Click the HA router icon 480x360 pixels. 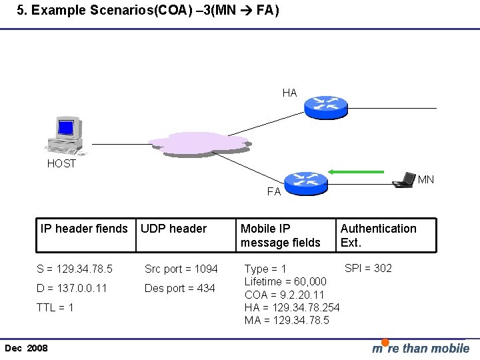click(326, 105)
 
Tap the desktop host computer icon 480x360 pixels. click(65, 135)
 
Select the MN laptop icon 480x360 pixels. click(403, 180)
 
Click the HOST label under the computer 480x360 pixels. click(61, 164)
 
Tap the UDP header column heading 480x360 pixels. click(174, 229)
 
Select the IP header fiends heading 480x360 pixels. click(84, 229)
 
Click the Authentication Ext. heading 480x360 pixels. click(378, 235)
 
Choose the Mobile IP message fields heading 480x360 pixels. click(281, 235)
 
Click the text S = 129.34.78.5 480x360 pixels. click(75, 269)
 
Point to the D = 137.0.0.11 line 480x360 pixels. click(71, 288)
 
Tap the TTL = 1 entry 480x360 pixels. click(55, 307)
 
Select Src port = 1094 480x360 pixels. click(181, 269)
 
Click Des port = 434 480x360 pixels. click(180, 288)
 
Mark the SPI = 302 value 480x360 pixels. click(368, 268)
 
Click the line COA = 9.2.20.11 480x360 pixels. click(285, 295)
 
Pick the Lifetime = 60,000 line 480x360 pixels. click(285, 282)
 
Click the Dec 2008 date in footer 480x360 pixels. click(26, 349)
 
